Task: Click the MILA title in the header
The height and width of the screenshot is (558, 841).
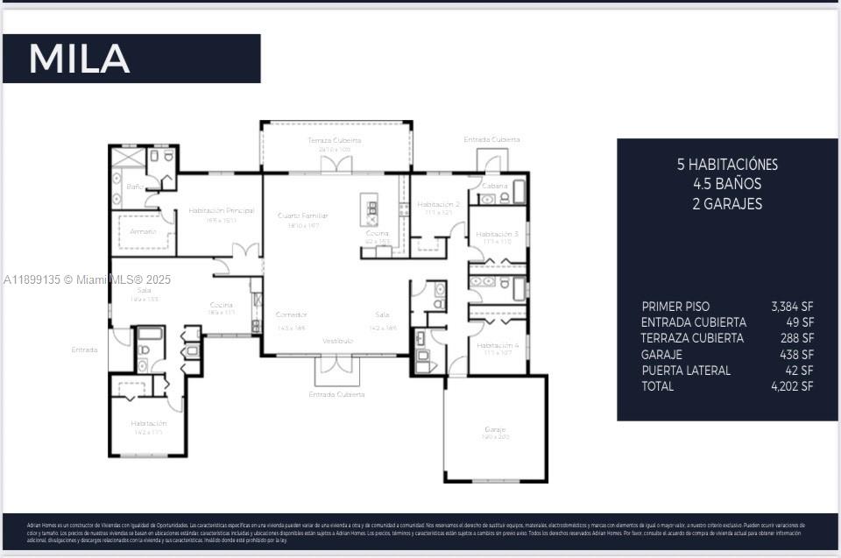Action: point(79,59)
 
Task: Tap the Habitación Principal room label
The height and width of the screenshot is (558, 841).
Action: point(221,210)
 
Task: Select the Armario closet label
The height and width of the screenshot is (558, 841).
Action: point(143,231)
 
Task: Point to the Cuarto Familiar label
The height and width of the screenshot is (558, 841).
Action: point(302,215)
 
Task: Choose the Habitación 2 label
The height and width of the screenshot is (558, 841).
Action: point(438,204)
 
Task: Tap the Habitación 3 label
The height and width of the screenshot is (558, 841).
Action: point(497,234)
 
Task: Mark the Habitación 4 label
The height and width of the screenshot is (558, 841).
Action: point(497,345)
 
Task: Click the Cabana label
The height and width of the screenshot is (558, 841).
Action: point(493,186)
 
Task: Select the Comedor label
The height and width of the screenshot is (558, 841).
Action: point(291,314)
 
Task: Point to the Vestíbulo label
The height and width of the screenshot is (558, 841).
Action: point(337,340)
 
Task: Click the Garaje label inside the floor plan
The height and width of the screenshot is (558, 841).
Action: point(495,429)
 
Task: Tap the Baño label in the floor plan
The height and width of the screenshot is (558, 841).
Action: point(134,187)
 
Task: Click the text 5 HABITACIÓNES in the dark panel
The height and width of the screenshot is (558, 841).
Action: point(727,165)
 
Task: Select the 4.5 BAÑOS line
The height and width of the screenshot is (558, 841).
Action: point(727,184)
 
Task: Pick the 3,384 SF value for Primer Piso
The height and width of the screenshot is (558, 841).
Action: point(792,307)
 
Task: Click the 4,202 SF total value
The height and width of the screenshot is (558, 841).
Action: point(792,386)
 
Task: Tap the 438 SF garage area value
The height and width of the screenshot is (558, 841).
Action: point(797,355)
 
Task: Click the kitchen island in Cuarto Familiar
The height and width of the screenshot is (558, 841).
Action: point(371,210)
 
